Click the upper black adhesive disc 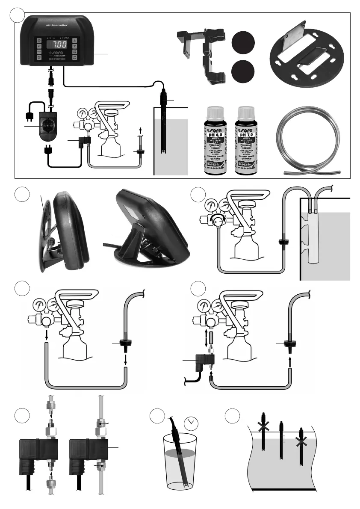tap(242, 44)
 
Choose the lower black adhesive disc tap(242, 71)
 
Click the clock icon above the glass tap(192, 424)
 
